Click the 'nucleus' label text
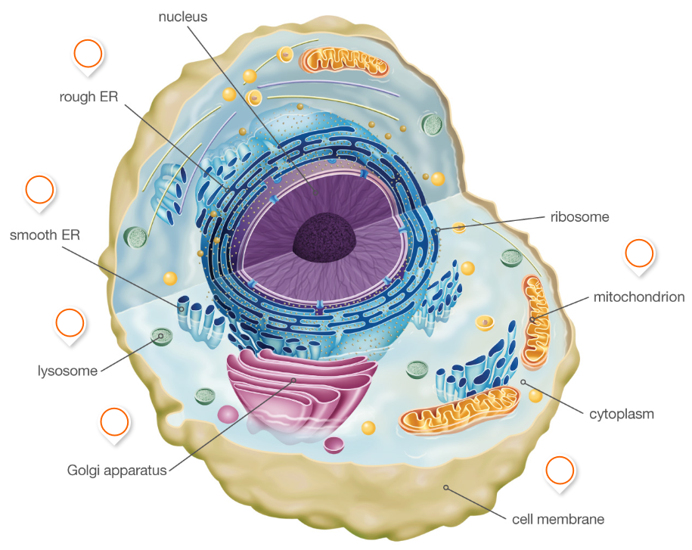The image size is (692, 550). coord(182,16)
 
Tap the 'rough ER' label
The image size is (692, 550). coord(88,97)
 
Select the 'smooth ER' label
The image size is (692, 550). coord(45,235)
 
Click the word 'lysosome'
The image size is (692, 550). coord(68,371)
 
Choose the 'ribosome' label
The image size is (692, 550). coord(579,216)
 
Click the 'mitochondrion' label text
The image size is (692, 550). coord(639,297)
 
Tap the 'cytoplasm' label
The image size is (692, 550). coord(622,414)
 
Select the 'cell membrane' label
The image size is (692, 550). coord(558,519)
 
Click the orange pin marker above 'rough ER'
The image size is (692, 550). coord(88,54)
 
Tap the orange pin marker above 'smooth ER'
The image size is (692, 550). coord(40,190)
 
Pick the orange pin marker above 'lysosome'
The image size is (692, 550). coord(70,323)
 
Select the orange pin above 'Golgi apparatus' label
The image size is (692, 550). coord(114,422)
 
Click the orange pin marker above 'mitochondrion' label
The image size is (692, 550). coord(639,254)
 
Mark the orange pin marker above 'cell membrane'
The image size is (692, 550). coord(560,471)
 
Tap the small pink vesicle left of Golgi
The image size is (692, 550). coord(228,413)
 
